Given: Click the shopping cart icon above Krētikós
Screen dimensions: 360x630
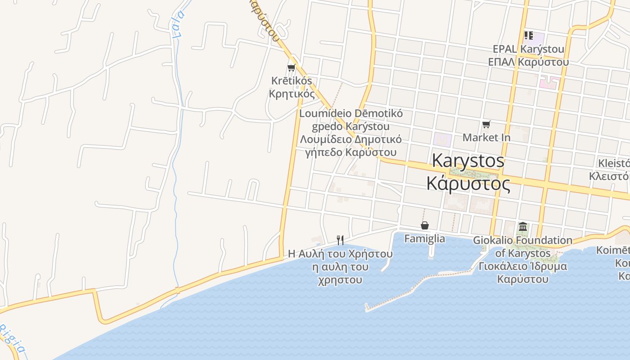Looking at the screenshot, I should tap(291, 68).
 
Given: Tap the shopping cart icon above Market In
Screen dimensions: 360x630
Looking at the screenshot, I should tap(486, 124).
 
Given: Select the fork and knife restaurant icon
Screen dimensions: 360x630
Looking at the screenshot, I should tap(340, 240).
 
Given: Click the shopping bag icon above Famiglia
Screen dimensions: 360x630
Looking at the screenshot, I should tap(424, 225).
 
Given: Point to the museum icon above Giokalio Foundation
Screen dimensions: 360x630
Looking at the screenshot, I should tap(522, 227).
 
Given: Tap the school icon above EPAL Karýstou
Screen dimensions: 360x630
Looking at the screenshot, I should tap(528, 35).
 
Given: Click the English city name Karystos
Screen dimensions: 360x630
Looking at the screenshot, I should tap(468, 161).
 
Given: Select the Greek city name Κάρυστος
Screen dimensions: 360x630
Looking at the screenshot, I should tap(468, 184).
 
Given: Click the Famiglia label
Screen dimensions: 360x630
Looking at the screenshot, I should tap(424, 238).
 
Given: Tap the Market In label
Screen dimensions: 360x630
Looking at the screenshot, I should tap(486, 137).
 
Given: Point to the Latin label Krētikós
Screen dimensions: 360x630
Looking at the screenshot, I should tap(292, 81).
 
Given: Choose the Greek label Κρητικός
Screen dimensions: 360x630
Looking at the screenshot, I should tap(292, 94).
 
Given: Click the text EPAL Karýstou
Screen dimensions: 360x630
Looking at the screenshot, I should tap(528, 49).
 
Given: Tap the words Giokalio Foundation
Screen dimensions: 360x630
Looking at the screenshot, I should tap(522, 240).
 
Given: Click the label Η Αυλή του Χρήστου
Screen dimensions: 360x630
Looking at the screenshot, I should tap(340, 254).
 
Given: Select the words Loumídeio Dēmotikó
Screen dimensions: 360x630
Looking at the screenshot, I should tap(351, 113).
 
